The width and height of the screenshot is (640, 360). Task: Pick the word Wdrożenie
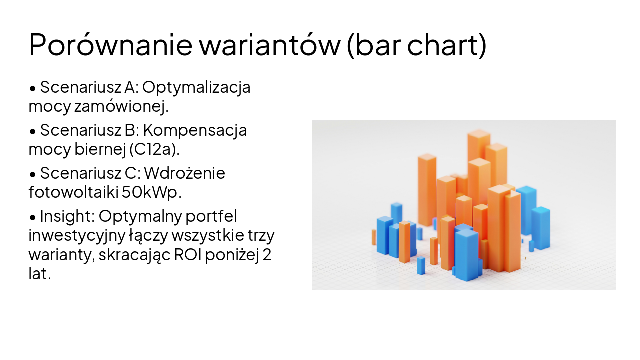(x=185, y=173)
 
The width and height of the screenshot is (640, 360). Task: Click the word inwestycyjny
(x=70, y=235)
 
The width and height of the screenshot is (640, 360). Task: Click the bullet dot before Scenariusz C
(x=33, y=174)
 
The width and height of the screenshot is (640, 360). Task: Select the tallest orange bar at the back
(x=478, y=150)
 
